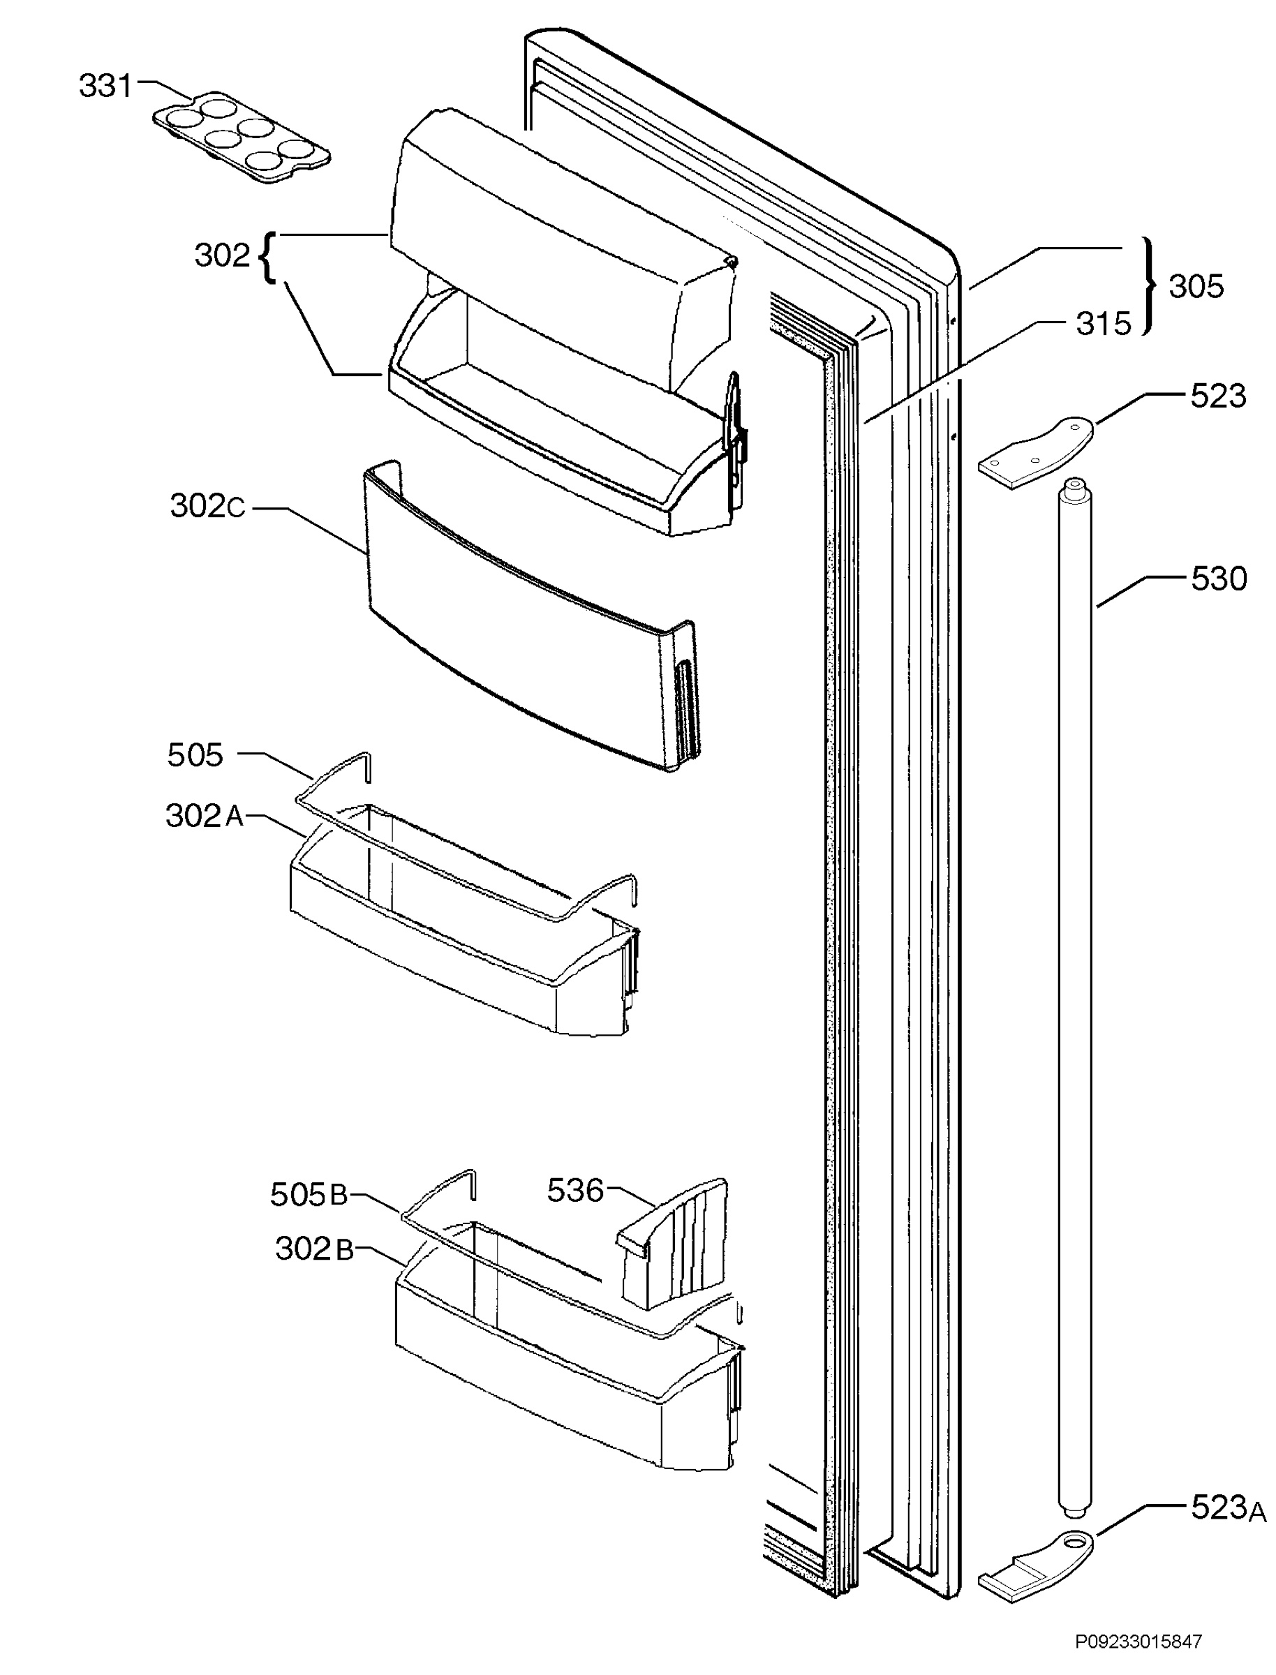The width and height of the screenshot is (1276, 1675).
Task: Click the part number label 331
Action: pos(105,86)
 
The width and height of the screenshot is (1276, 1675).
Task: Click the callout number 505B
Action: pos(309,1194)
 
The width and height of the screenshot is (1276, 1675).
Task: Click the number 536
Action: pos(575,1190)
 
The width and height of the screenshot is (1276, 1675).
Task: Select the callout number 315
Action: pos(1104,325)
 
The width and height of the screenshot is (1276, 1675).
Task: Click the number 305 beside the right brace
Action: pos(1196,286)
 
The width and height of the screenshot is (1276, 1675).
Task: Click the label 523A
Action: pos(1228,1507)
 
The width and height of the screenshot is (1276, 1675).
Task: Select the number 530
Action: pos(1218,579)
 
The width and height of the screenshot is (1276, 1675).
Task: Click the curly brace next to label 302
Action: pos(267,258)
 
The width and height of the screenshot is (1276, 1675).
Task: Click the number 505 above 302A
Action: pos(195,754)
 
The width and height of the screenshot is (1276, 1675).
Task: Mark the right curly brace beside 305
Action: pos(1150,286)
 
